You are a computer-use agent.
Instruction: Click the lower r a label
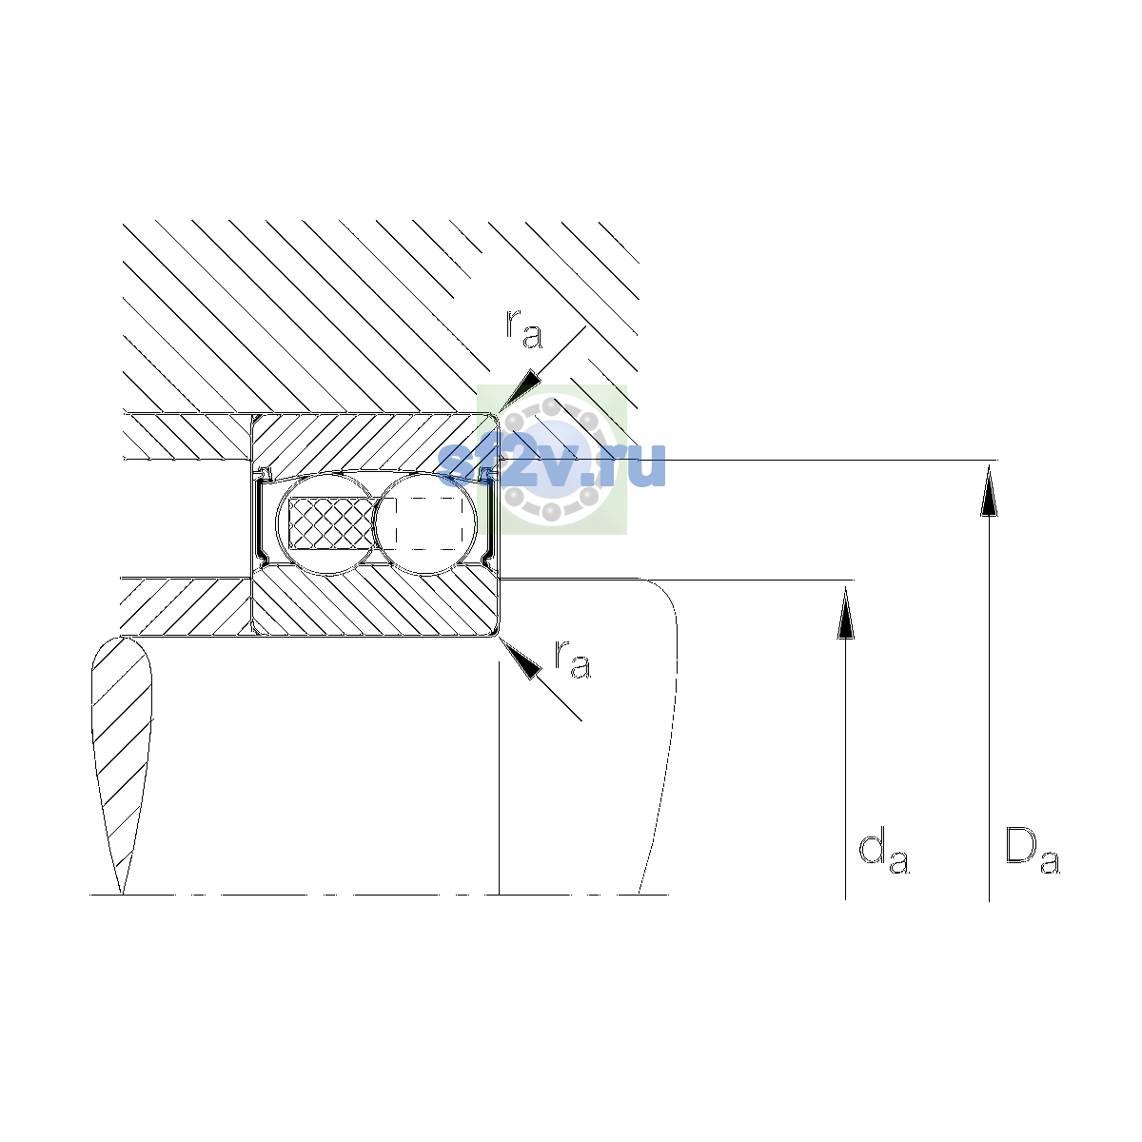(x=573, y=659)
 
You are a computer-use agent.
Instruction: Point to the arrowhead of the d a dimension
(x=845, y=613)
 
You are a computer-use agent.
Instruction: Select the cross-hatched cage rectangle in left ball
(x=330, y=523)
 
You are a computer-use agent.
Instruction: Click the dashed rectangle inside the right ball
(x=428, y=523)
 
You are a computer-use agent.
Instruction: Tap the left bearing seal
(x=262, y=518)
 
